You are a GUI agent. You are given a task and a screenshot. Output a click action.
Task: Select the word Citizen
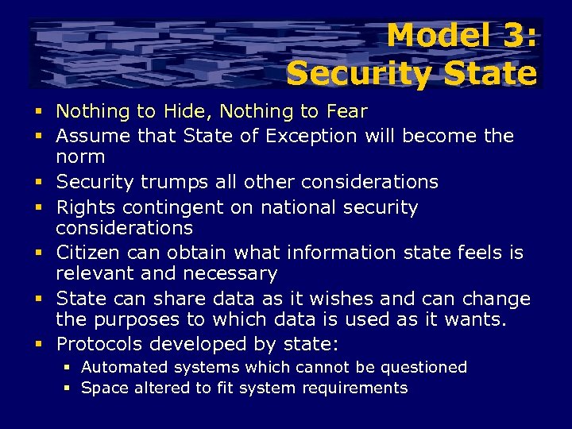[x=87, y=253]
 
